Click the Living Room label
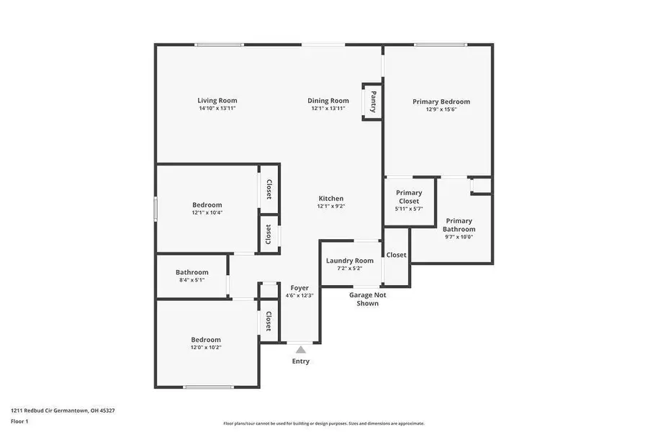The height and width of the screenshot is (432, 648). point(217,101)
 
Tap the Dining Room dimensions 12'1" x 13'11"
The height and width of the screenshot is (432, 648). point(328,109)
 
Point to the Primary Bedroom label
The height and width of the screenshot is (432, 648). point(441,102)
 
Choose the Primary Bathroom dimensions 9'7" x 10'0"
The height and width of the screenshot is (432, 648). point(459,237)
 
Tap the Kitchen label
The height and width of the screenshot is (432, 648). point(331,199)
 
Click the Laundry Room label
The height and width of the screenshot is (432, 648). point(349,261)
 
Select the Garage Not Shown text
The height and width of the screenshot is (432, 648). point(367,299)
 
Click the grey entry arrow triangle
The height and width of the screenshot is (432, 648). point(301,349)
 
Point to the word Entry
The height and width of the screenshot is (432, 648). point(301,361)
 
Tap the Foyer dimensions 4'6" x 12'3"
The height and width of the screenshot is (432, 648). point(300,295)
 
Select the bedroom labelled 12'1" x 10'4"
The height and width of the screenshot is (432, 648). point(207,208)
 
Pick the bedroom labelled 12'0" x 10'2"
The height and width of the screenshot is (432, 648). point(206,343)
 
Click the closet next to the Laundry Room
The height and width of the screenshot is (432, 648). point(396,255)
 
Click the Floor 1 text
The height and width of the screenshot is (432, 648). point(19,421)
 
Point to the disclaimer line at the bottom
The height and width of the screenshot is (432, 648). point(324,423)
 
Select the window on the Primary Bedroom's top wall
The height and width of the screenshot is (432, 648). point(441,45)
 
